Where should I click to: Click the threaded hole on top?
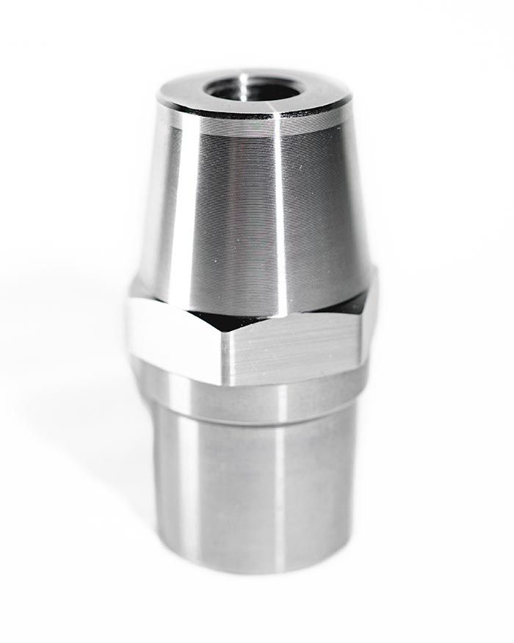[254, 88]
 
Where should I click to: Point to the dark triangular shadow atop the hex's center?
[220, 321]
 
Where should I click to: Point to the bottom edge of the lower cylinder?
[250, 571]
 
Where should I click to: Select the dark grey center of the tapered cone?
[235, 220]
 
